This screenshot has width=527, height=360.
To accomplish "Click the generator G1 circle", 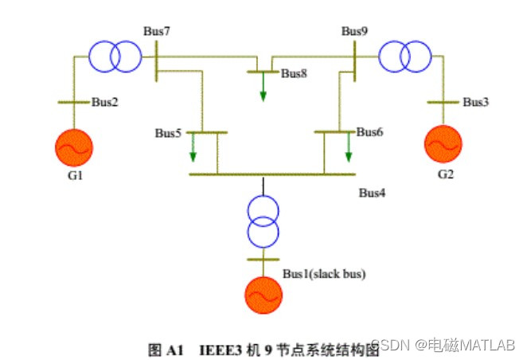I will (74, 147).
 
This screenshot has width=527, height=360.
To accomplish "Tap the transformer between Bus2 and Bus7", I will (114, 57).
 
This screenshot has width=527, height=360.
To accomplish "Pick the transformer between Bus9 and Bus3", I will (404, 57).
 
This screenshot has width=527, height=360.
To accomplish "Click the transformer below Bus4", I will (263, 221).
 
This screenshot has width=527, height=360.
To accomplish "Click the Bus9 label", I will (354, 31).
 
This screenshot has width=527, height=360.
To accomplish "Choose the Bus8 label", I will (294, 73).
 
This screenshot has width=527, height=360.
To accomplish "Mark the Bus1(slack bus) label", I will (324, 274).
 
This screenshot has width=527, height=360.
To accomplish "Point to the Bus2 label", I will (104, 102).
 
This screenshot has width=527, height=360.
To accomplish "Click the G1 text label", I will (75, 176).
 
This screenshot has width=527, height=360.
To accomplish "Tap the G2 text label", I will (445, 174).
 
